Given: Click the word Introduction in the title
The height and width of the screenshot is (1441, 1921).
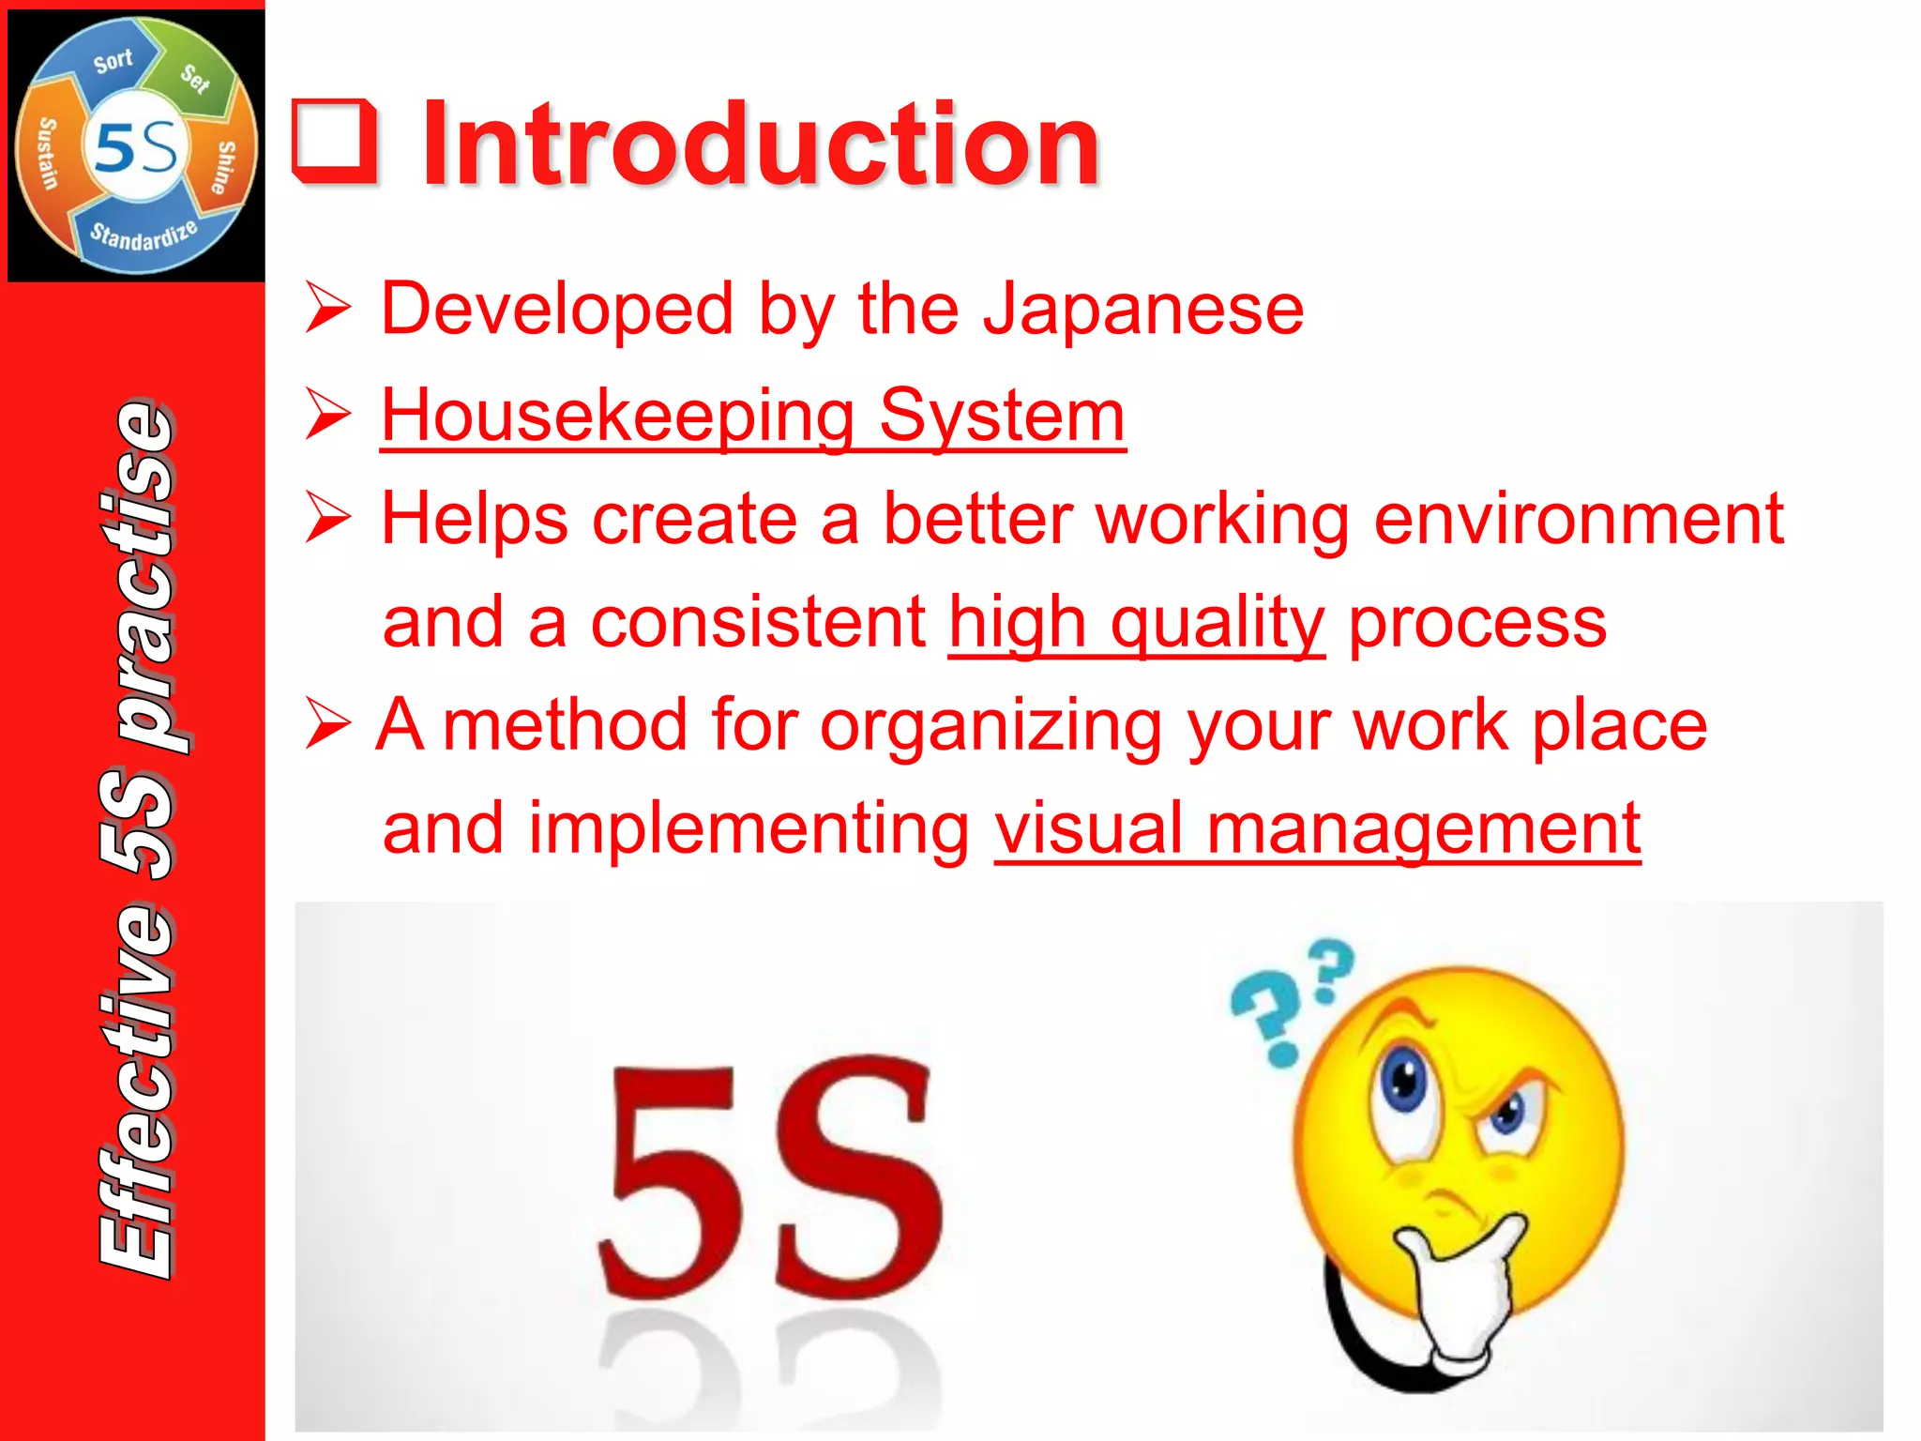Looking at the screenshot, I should (x=760, y=145).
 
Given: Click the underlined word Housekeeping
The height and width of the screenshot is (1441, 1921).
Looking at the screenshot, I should (x=617, y=416).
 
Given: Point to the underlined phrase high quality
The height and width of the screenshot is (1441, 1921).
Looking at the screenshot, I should (x=1136, y=622).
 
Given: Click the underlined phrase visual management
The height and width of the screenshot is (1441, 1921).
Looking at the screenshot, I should (x=1317, y=828).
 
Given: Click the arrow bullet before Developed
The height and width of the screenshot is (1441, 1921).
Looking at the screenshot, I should (x=328, y=309).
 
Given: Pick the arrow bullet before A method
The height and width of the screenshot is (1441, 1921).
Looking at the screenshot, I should (x=328, y=725).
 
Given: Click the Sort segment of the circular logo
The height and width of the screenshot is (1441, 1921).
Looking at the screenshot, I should (x=113, y=62).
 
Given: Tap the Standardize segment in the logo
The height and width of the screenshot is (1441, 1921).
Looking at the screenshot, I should (x=144, y=235).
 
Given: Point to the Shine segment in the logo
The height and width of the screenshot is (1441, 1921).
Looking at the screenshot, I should (x=225, y=167).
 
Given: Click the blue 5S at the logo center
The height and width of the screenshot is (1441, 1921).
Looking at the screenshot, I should (x=137, y=148).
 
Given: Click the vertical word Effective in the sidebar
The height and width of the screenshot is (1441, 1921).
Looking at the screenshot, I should (x=139, y=1088).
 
